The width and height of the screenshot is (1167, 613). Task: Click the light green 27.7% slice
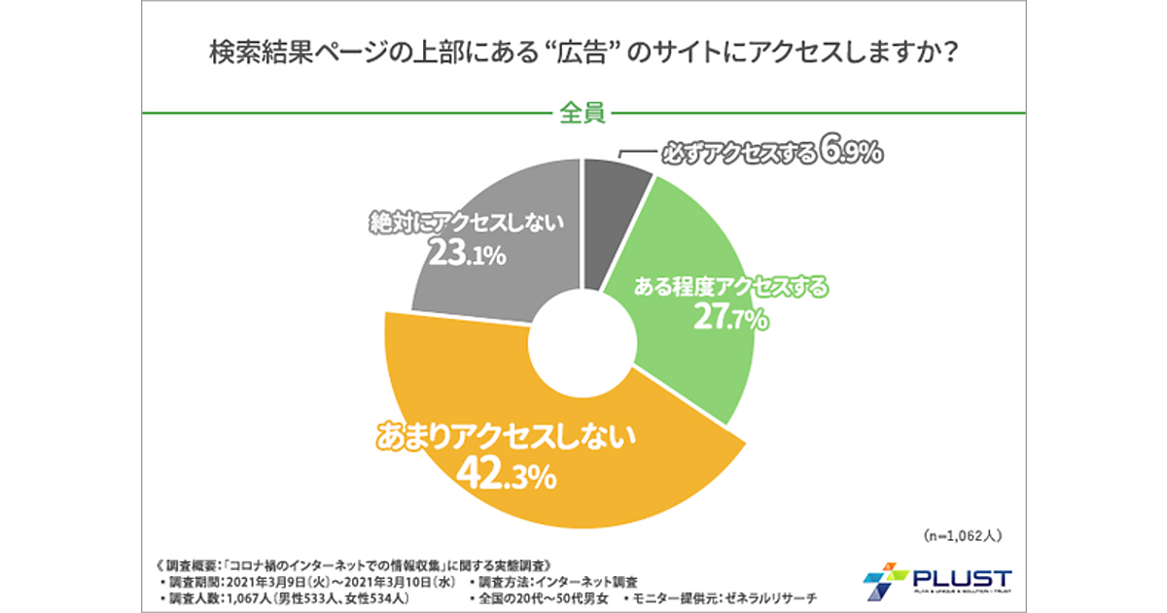[x=700, y=350]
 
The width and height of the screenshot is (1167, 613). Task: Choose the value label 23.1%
[x=468, y=256]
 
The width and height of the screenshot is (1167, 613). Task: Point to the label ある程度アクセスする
[x=731, y=287]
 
